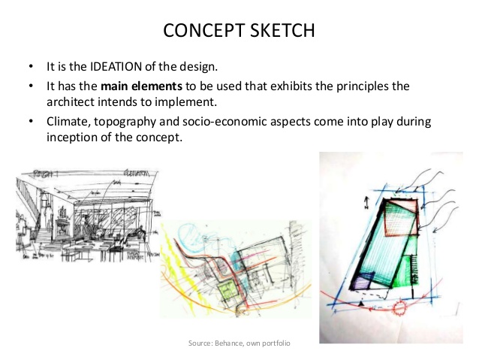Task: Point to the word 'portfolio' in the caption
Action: point(276,343)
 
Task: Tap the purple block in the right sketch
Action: point(361,280)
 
